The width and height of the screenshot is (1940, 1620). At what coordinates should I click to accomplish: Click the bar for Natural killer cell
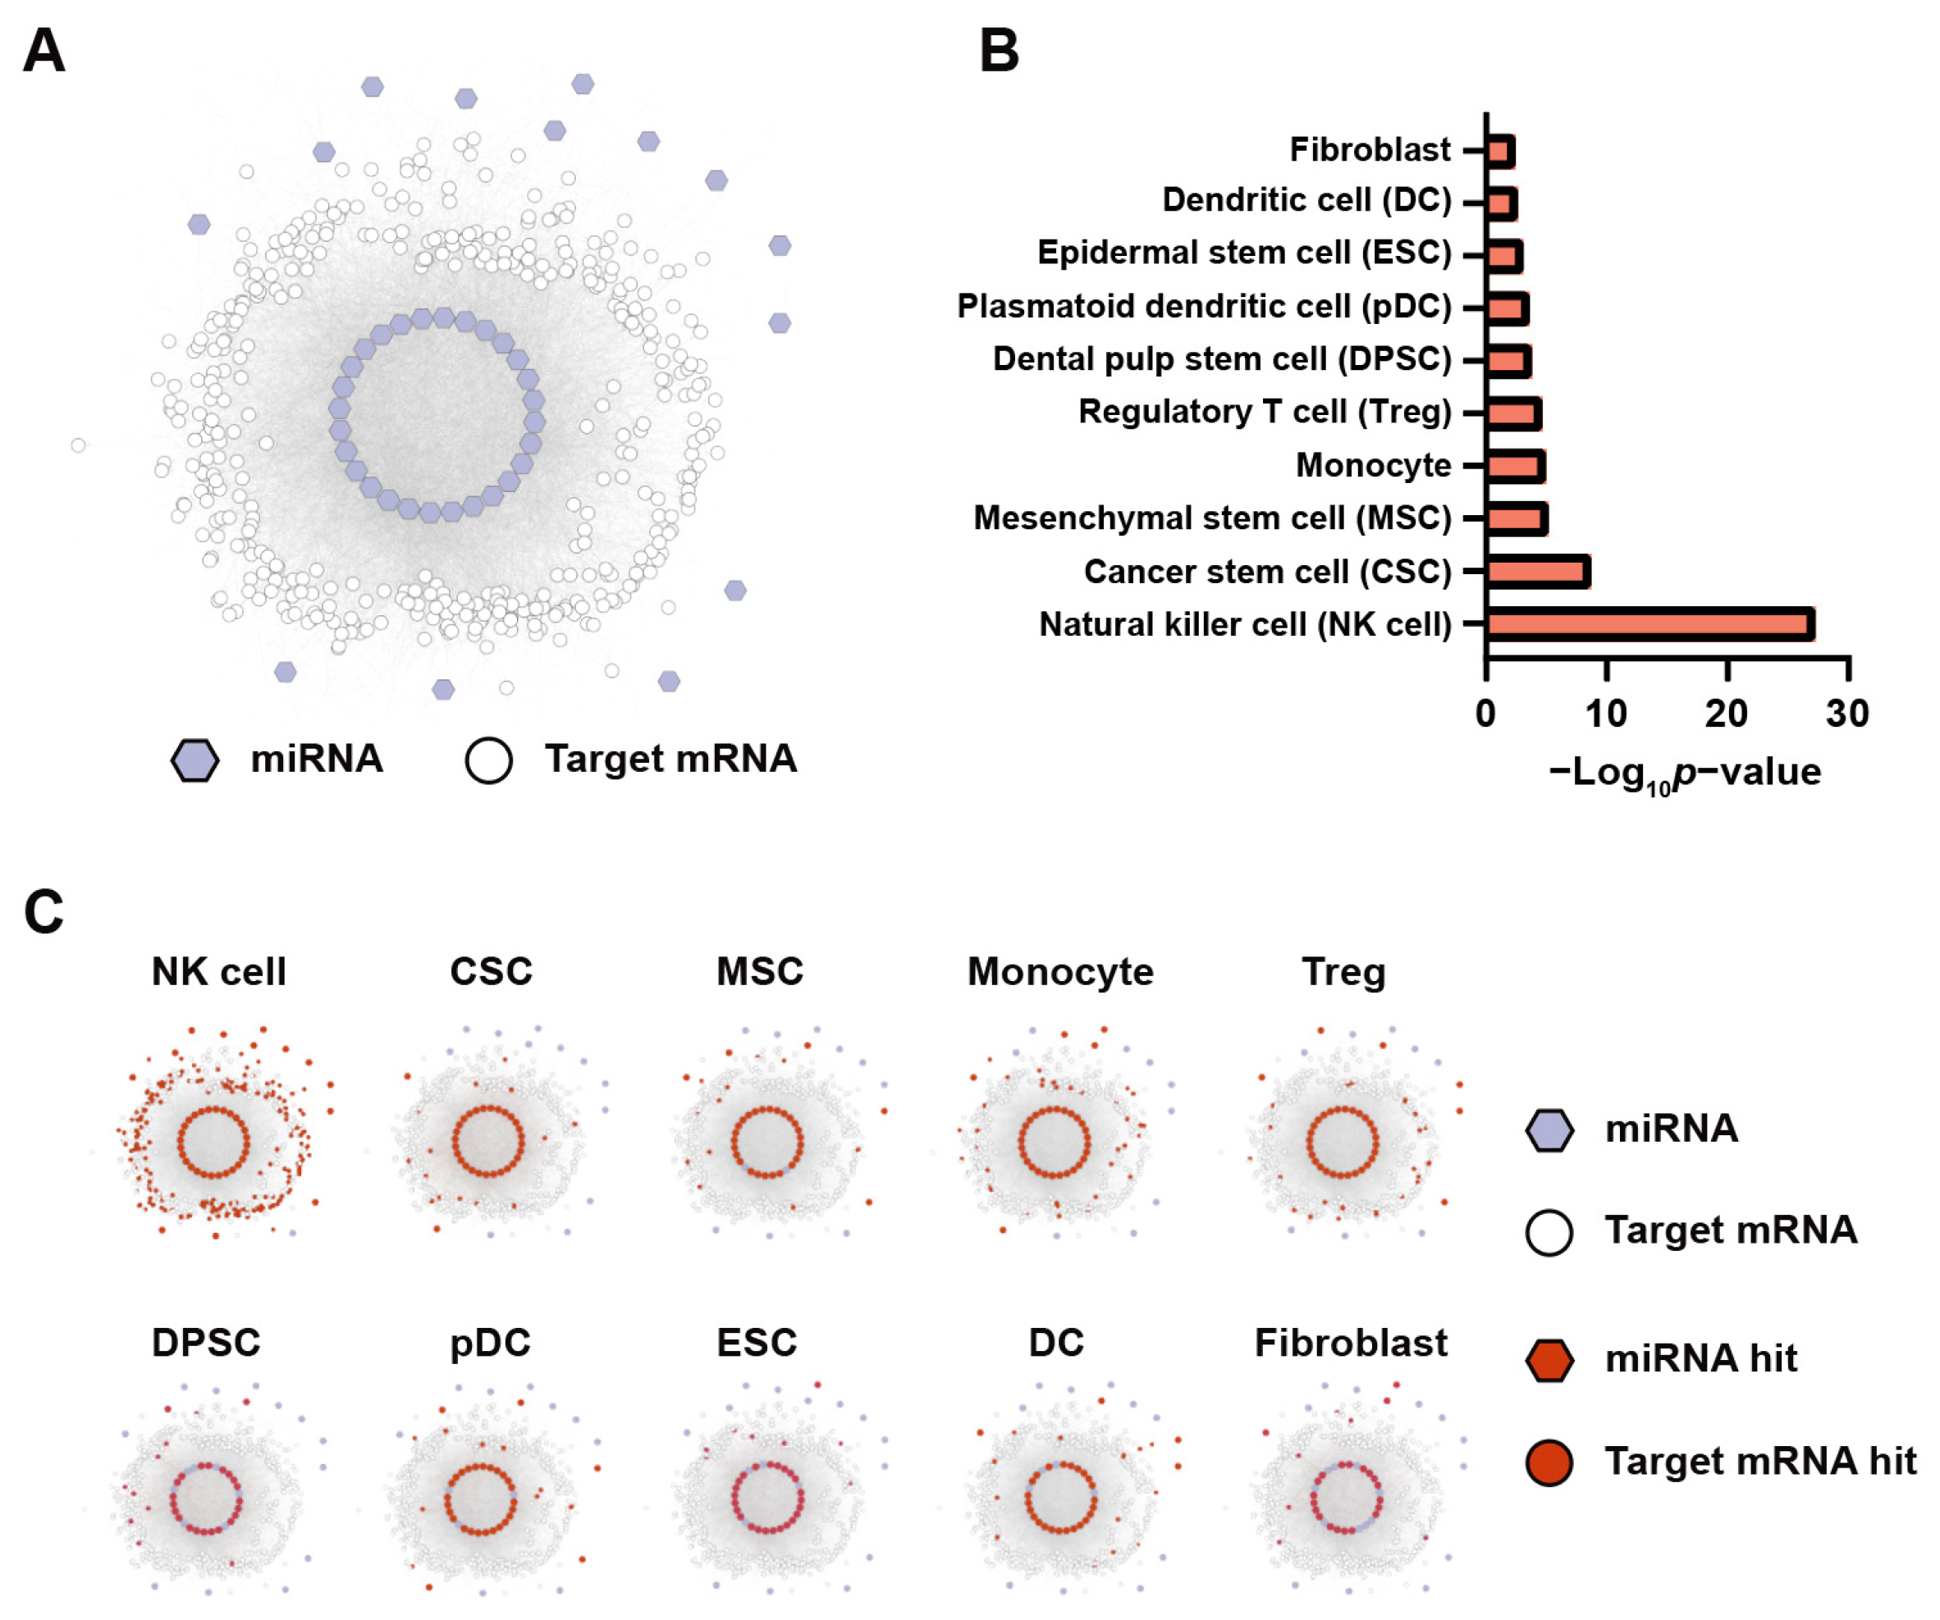[x=1649, y=624]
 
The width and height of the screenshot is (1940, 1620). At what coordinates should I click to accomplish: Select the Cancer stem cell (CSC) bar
[x=1537, y=572]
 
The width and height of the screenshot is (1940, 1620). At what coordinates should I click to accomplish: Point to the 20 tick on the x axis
[x=1727, y=714]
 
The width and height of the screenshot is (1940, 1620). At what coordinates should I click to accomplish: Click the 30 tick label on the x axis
[x=1847, y=714]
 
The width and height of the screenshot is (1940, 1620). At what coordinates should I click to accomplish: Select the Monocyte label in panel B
[x=1373, y=464]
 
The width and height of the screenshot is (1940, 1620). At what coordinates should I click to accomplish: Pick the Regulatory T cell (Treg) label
[x=1265, y=412]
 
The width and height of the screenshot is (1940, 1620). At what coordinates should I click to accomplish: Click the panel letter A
[x=43, y=51]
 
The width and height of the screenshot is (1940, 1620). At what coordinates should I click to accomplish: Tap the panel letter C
[x=43, y=911]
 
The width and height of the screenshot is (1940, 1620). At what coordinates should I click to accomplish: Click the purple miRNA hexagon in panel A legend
[x=195, y=760]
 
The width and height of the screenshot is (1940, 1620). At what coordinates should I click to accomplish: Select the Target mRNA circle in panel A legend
[x=489, y=760]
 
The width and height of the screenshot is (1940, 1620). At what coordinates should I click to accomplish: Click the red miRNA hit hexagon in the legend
[x=1549, y=1361]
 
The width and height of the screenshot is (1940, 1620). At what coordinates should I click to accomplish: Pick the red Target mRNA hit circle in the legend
[x=1549, y=1462]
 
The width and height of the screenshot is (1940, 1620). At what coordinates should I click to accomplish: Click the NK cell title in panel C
[x=219, y=972]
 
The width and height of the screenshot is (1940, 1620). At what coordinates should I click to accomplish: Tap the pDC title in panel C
[x=490, y=1343]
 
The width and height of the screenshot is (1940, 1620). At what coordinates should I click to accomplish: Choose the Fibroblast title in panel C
[x=1351, y=1343]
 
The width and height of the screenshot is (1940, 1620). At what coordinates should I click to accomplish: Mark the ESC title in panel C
[x=757, y=1343]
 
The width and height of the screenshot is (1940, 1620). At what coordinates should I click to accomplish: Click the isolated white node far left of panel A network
[x=79, y=445]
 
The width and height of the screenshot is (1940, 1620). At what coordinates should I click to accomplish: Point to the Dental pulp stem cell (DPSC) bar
[x=1508, y=360]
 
